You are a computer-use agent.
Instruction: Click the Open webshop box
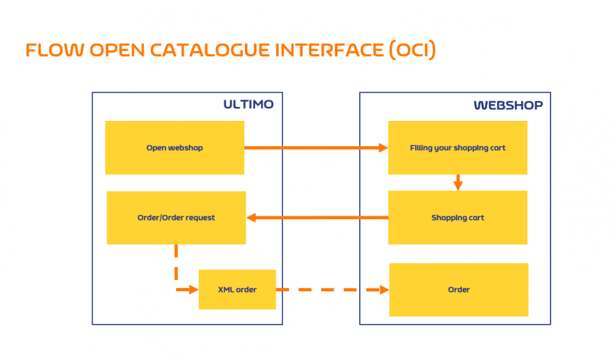point(175,148)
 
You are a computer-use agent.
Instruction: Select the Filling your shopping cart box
point(458,148)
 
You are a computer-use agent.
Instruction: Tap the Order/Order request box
point(176,218)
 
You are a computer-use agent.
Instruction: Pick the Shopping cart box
point(458,218)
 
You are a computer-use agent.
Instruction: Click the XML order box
point(238,290)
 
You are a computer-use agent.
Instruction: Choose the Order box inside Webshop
point(459,290)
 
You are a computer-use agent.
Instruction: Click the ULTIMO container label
point(248,104)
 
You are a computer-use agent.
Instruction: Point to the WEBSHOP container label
point(509,106)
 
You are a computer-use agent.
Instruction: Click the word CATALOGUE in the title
point(210,50)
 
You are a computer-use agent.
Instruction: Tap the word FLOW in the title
point(55,50)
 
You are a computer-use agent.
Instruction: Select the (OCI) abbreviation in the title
point(412,50)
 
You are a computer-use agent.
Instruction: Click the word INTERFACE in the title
point(329,50)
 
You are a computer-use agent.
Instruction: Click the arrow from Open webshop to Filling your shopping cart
point(316,148)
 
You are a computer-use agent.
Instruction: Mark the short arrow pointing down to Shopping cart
point(458,183)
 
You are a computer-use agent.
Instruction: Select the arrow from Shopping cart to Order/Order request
point(317,217)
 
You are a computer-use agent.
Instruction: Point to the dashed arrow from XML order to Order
point(333,290)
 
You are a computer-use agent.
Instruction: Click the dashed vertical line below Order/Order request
point(176,262)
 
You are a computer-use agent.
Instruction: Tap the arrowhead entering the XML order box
point(194,290)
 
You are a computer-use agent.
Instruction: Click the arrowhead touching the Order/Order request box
point(251,217)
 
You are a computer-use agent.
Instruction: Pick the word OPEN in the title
point(117,50)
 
